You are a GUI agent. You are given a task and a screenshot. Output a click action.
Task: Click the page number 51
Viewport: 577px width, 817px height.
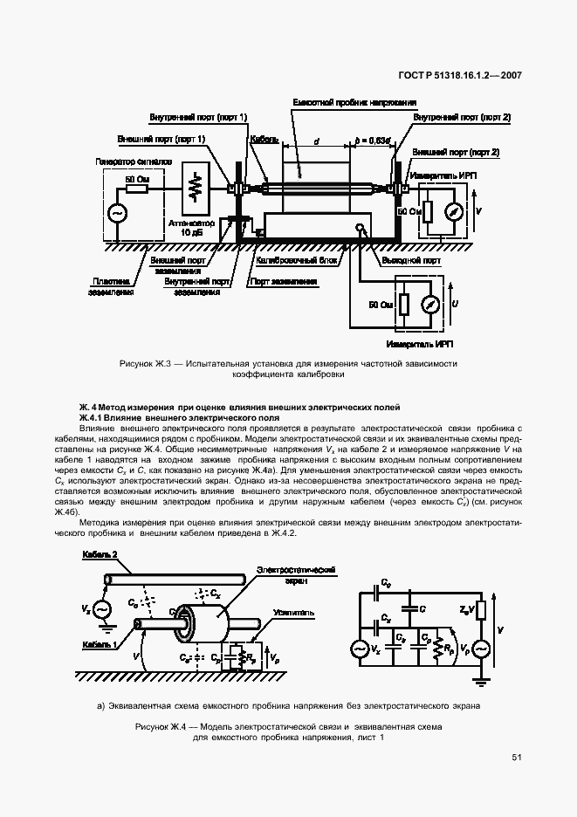[x=517, y=757]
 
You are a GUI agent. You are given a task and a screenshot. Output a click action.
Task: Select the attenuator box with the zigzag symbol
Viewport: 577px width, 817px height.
[x=198, y=188]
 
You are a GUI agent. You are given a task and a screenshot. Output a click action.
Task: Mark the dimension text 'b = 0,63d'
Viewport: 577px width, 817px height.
[x=373, y=140]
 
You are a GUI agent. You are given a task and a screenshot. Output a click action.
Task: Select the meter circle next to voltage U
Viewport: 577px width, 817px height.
[x=429, y=305]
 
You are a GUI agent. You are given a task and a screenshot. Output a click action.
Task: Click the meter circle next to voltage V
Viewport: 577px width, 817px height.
[x=451, y=212]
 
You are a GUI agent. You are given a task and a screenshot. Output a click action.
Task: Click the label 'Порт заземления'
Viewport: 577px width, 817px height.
[x=283, y=281]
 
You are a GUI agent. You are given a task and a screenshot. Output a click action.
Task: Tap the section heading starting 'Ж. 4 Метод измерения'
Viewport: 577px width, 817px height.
[x=239, y=407]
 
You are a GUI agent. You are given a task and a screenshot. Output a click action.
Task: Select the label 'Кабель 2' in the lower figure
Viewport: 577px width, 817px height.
[x=100, y=555]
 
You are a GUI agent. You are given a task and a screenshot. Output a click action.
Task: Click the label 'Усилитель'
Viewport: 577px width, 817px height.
[x=293, y=613]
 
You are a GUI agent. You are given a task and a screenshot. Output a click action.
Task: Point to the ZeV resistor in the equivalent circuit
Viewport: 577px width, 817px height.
[x=483, y=610]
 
